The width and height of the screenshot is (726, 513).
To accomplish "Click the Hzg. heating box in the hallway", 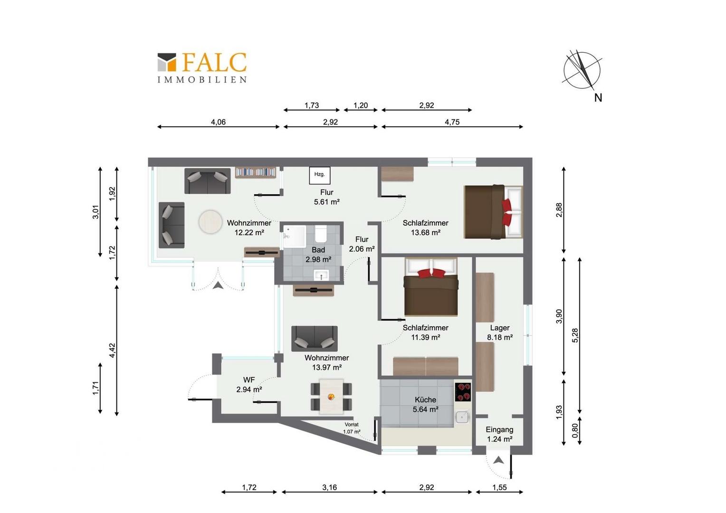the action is pyautogui.click(x=319, y=175).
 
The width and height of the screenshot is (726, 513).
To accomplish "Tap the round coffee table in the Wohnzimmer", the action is pyautogui.click(x=210, y=222).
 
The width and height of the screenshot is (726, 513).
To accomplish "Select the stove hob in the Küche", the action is pyautogui.click(x=462, y=392).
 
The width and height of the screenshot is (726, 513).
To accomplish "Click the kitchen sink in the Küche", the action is pyautogui.click(x=462, y=417).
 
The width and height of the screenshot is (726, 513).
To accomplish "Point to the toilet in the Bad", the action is pyautogui.click(x=321, y=234).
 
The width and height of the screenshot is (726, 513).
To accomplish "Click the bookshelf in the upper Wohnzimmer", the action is pyautogui.click(x=256, y=172).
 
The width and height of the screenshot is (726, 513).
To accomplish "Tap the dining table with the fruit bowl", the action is pyautogui.click(x=331, y=396).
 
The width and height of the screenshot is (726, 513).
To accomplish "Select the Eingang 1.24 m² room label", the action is pyautogui.click(x=499, y=434).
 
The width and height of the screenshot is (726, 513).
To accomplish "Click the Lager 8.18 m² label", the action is pyautogui.click(x=499, y=332).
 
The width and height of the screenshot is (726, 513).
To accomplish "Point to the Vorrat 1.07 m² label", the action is pyautogui.click(x=352, y=428).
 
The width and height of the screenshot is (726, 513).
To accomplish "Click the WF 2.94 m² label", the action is pyautogui.click(x=249, y=384).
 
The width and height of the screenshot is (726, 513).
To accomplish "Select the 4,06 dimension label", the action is pyautogui.click(x=218, y=122).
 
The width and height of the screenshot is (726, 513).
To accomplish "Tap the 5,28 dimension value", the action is pyautogui.click(x=575, y=335).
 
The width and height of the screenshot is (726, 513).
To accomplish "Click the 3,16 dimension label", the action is pyautogui.click(x=329, y=487).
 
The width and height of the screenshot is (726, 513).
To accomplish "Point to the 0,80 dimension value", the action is pyautogui.click(x=575, y=431).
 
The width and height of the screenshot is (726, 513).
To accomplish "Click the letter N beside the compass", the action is pyautogui.click(x=598, y=97).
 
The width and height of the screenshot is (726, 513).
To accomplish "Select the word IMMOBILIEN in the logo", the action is pyautogui.click(x=202, y=80).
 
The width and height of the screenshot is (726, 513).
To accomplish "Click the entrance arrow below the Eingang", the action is pyautogui.click(x=498, y=460).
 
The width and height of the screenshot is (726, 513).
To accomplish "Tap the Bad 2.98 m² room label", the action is pyautogui.click(x=318, y=255).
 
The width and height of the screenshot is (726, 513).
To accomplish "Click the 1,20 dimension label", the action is pyautogui.click(x=361, y=105).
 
